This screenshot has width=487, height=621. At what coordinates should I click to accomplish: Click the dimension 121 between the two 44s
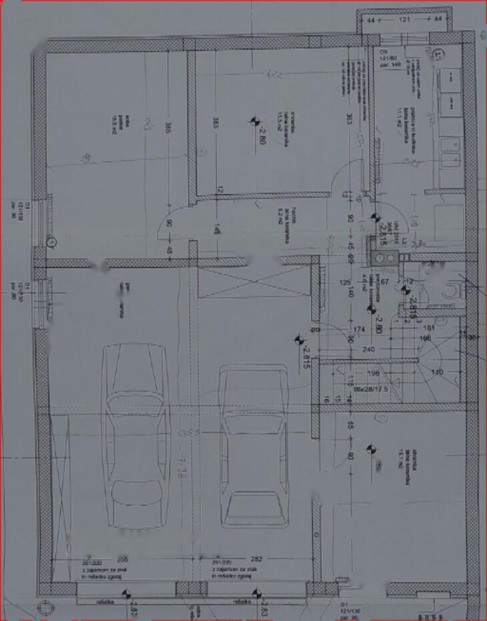click(x=404, y=21)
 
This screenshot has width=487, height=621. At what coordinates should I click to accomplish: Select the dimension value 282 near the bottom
click(x=256, y=559)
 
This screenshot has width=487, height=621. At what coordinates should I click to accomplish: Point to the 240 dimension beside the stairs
click(x=368, y=349)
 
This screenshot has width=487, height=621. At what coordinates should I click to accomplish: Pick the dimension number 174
click(x=358, y=330)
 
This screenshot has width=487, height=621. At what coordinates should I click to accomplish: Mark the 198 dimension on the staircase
click(x=373, y=373)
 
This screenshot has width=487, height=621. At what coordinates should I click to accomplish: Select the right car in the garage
click(x=254, y=444)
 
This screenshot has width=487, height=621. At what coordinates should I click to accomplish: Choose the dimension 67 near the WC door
click(x=384, y=282)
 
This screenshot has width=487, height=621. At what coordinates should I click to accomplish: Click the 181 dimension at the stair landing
click(x=430, y=328)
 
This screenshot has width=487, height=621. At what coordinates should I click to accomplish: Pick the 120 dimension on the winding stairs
click(x=438, y=372)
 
